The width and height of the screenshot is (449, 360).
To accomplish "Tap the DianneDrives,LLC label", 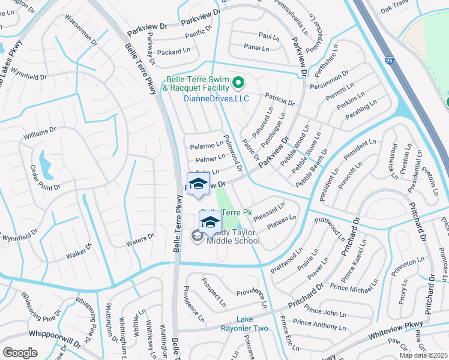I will point(216,98).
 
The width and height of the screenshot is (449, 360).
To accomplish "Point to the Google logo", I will point(20,353).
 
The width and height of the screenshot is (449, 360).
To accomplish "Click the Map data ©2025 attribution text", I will point(423,355).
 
